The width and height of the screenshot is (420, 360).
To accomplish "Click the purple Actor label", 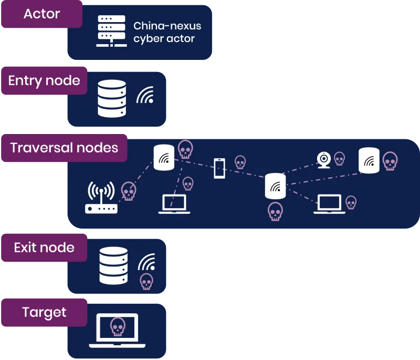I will click(41, 14).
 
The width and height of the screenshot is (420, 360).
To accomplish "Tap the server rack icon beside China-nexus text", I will click(111, 32).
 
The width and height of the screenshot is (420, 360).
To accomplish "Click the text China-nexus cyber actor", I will click(167, 32).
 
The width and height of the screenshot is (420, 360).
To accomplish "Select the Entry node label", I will click(44, 81).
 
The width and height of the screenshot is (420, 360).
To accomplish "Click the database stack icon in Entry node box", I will click(112, 98).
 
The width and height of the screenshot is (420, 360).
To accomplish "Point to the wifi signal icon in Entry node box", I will click(145, 95).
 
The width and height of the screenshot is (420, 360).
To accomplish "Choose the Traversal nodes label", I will click(64, 147).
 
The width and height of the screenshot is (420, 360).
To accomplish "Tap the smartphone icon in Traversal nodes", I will click(219, 168).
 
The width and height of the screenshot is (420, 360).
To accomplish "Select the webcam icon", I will click(324, 160).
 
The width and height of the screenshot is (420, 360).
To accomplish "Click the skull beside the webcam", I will click(340, 158).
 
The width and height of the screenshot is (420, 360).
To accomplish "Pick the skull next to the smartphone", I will click(240, 162).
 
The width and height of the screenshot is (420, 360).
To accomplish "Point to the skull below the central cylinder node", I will click(275, 211).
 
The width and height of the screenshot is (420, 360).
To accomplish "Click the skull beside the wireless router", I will click(129, 191).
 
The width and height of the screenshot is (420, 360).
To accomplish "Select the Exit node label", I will click(44, 248).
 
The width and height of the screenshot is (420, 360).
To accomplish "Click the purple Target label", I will click(44, 313).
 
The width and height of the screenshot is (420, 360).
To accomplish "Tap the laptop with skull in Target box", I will click(118, 330).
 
